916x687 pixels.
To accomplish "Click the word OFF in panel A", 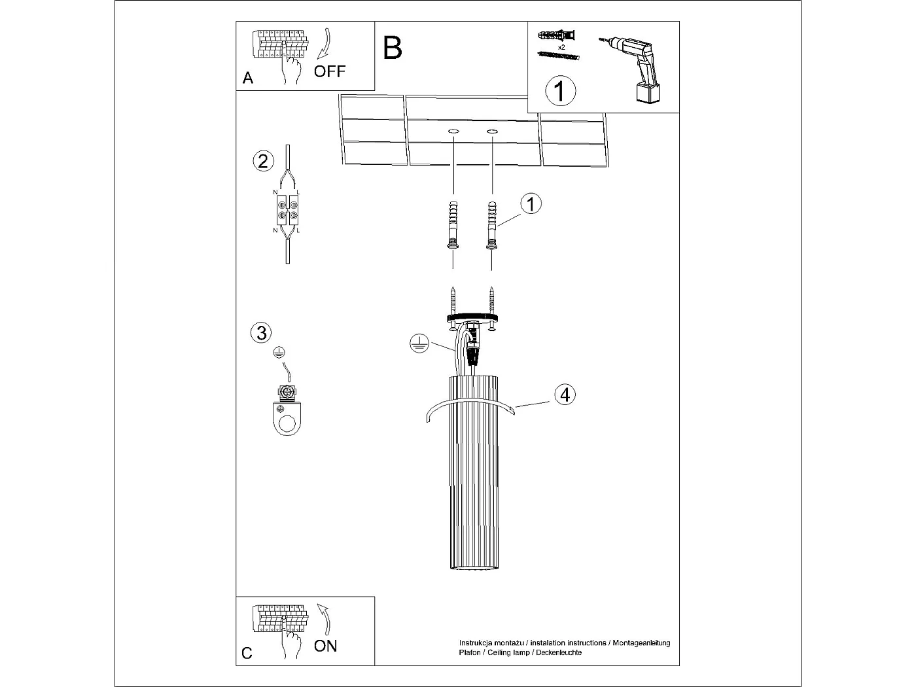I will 329,71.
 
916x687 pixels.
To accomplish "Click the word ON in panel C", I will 325,646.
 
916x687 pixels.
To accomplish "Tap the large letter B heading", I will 393,48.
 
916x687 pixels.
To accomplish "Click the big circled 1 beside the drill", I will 560,91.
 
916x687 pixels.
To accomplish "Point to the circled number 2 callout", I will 263,161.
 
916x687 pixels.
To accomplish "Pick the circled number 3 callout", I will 261,332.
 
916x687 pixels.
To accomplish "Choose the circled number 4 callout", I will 565,395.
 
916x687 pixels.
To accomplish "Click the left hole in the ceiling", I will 453,132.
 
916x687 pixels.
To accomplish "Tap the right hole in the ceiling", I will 491,132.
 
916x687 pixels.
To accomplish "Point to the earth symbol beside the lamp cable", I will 418,343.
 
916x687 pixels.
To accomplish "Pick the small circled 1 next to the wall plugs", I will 531,204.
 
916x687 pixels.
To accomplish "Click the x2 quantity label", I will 561,47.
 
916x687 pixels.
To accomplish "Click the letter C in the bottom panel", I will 247,653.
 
